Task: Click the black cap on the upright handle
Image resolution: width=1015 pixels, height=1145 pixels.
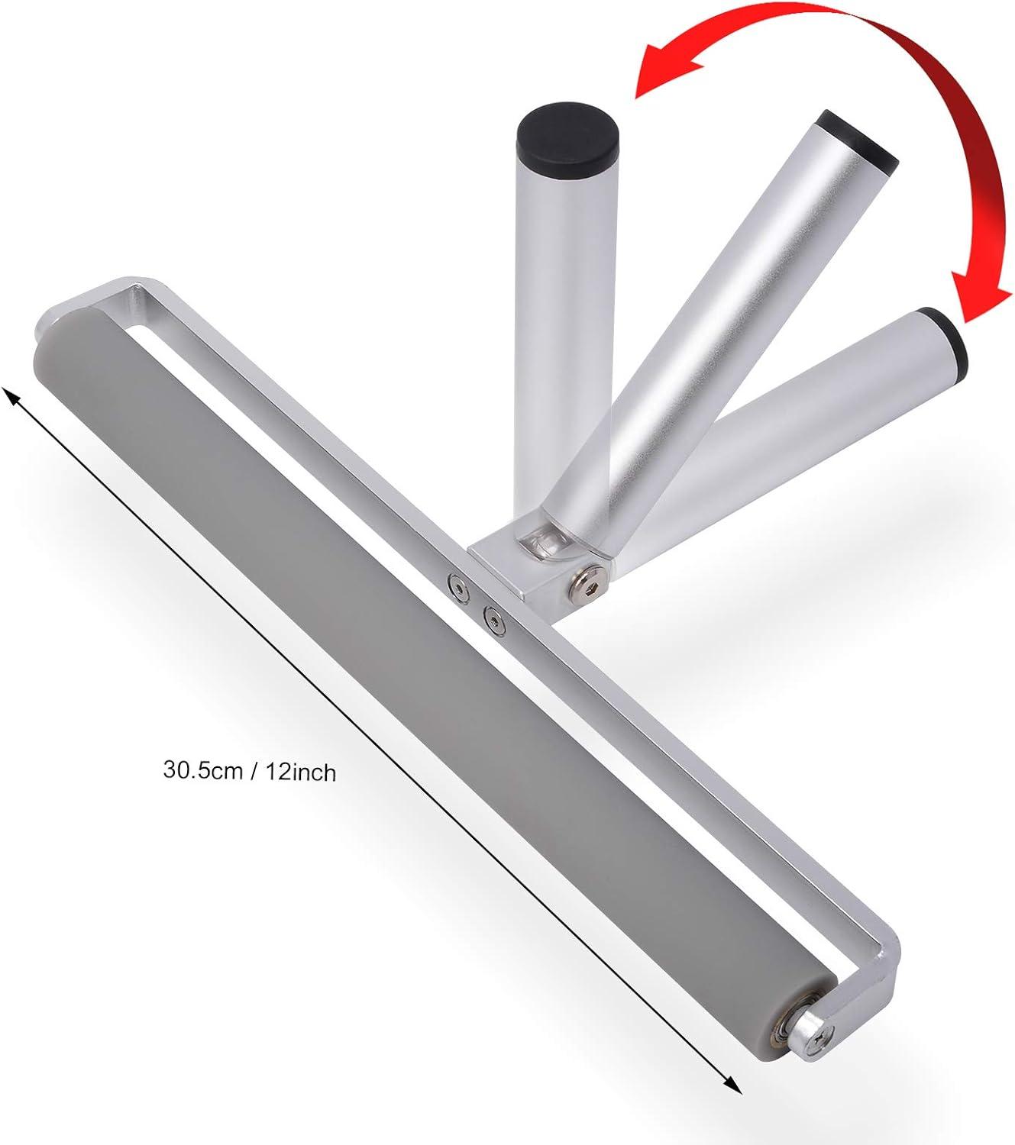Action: tap(567, 138)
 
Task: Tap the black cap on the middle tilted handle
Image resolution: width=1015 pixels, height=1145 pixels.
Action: tap(857, 140)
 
